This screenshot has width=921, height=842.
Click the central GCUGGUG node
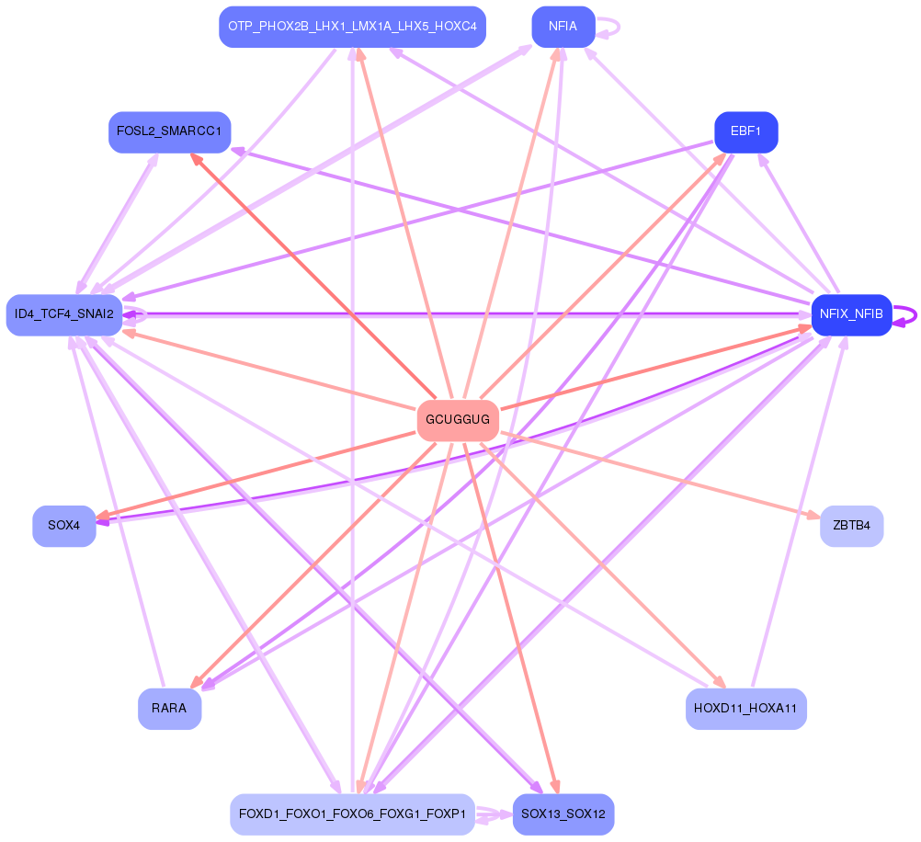458,420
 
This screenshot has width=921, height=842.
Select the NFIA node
563,27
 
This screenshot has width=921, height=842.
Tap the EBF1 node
746,131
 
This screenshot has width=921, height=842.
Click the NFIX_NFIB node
851,314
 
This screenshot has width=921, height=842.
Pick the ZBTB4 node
851,526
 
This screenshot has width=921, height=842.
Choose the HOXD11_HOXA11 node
746,709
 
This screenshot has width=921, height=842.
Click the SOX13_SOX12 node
563,814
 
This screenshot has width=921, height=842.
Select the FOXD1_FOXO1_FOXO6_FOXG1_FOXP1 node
352,814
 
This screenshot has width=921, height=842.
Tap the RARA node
170,709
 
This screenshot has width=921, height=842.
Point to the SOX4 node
64,526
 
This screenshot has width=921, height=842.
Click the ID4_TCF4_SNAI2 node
64,314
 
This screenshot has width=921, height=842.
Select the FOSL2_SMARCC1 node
170,131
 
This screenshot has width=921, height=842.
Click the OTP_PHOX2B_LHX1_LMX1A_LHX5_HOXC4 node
352,27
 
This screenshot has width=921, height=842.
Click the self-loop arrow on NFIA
608,27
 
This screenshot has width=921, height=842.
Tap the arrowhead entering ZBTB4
813,516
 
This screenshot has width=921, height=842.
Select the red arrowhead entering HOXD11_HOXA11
720,682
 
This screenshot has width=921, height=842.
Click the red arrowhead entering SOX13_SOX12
555,788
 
